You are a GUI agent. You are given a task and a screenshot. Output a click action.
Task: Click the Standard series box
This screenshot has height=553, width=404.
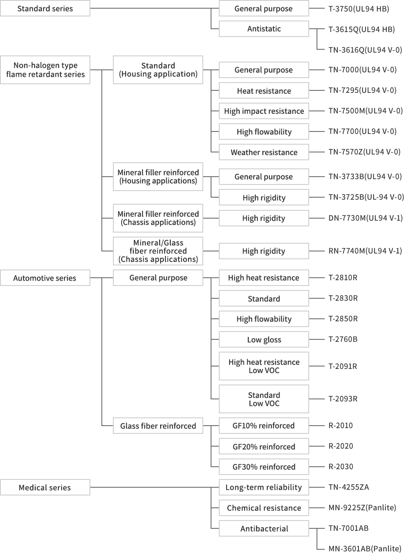tap(45, 8)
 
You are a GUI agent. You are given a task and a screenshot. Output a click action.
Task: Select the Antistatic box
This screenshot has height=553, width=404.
tap(264, 29)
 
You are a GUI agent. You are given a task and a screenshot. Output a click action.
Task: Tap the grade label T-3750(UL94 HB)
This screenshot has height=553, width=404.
tap(358, 9)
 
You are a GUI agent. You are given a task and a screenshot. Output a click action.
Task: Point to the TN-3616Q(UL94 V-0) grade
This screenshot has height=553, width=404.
tap(365, 50)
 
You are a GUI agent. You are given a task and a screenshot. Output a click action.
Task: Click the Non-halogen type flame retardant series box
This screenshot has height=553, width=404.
tap(45, 70)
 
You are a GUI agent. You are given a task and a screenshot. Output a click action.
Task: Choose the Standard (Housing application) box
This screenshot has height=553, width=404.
tap(158, 70)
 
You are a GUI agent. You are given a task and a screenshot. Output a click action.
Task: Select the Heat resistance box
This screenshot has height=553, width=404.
tap(264, 91)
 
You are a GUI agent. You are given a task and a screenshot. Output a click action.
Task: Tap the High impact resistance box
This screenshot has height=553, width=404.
tap(264, 111)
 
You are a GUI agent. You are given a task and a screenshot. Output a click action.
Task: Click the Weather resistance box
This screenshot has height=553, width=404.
tap(264, 152)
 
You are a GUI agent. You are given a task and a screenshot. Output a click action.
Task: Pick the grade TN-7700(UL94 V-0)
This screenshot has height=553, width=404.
tap(362, 131)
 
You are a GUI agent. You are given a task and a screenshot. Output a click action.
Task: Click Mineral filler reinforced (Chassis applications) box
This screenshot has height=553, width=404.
tap(158, 218)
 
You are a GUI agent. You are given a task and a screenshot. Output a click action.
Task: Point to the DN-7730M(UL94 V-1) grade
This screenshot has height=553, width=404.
tap(365, 218)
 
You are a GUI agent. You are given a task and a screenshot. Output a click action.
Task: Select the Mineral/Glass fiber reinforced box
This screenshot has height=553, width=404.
tap(158, 251)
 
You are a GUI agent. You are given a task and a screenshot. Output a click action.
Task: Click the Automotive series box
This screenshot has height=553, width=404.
tap(45, 278)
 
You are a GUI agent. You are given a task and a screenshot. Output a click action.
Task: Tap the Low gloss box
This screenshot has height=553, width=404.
tap(264, 339)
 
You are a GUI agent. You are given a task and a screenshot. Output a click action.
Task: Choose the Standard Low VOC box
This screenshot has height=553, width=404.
tap(264, 399)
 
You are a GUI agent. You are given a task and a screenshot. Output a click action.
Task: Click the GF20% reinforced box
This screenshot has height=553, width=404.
tap(264, 446)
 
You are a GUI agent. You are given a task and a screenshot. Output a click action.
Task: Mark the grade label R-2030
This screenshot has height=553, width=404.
tap(341, 467)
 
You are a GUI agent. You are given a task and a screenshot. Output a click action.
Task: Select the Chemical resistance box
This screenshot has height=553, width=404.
tap(264, 508)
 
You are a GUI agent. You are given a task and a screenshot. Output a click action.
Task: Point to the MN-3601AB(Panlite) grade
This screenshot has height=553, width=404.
tap(365, 548)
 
